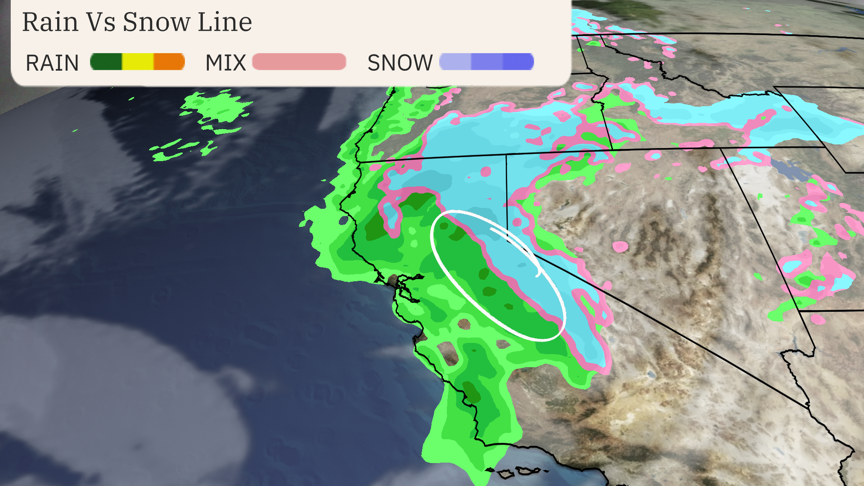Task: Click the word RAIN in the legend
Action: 52,63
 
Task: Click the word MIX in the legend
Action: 225,63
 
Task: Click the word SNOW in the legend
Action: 400,63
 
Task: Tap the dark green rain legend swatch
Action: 106,62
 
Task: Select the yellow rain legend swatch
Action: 138,62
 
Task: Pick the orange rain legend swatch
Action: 169,62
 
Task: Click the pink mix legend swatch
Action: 299,62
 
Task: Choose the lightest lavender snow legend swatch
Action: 455,62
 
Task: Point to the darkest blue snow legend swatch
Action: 518,62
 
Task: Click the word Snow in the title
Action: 156,22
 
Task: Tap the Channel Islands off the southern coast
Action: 517,472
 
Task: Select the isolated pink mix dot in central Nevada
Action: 620,246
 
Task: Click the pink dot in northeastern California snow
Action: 486,171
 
